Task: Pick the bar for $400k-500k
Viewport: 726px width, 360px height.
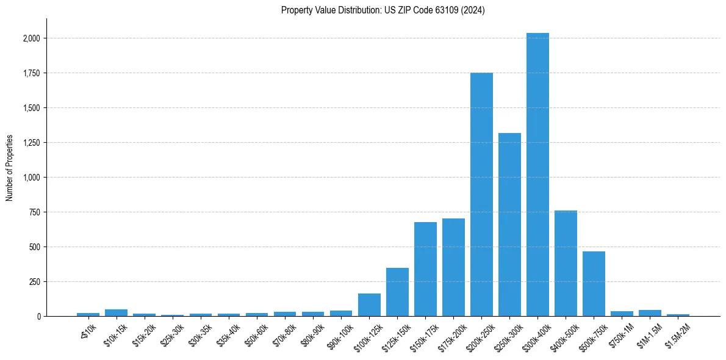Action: click(x=566, y=263)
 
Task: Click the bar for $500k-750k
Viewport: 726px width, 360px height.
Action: click(x=594, y=284)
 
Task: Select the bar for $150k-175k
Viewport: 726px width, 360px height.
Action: click(x=425, y=269)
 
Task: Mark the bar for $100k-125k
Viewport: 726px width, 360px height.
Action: click(x=369, y=304)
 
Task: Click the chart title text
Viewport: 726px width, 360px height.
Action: click(x=383, y=10)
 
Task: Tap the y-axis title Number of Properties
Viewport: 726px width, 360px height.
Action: click(x=10, y=168)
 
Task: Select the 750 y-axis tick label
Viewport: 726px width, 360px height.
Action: click(x=35, y=212)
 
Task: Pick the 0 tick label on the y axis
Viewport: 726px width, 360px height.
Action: click(x=38, y=317)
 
